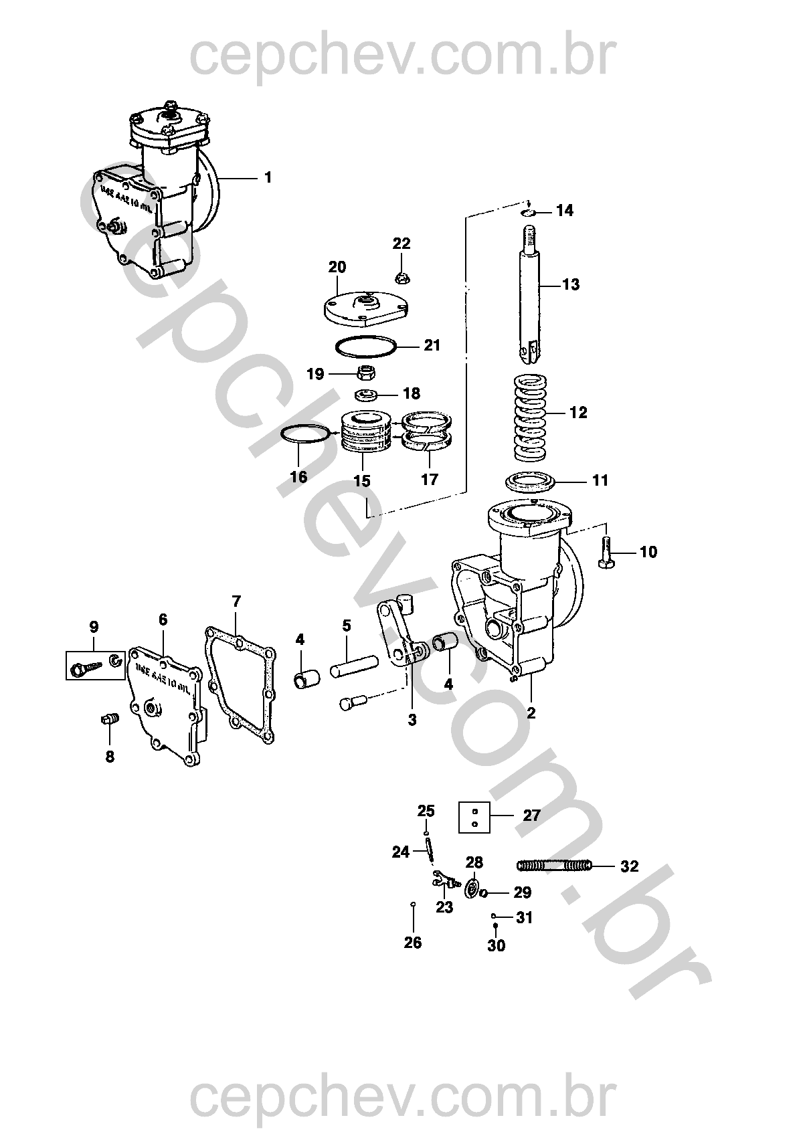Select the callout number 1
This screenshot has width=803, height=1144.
pos(268,177)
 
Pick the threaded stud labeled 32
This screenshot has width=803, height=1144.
pos(554,866)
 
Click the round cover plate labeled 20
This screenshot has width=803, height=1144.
pos(361,305)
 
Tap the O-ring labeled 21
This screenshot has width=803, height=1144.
pos(365,346)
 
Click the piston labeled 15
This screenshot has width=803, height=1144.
pos(365,435)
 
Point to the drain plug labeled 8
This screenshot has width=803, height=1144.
pos(110,721)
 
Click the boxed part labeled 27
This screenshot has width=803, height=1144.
pos(474,817)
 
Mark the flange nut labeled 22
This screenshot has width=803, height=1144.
pos(402,274)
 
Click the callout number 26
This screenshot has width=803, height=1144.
pos(413,942)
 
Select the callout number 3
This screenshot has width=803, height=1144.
pos(412,719)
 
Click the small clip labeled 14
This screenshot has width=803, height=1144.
pos(529,213)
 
